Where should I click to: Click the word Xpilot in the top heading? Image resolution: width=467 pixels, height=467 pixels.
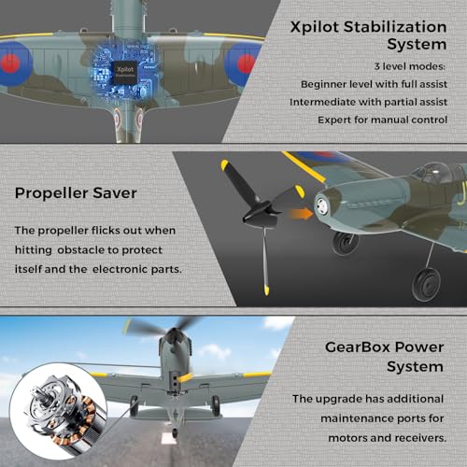click(315, 27)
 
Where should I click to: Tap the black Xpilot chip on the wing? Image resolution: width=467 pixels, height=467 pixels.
click(125, 72)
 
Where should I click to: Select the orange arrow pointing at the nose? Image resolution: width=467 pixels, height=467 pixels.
click(301, 214)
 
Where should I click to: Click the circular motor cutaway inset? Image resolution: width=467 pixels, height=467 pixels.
click(58, 411)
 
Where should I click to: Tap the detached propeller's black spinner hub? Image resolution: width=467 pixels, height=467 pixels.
click(260, 214)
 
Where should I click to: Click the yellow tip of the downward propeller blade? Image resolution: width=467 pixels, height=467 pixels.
click(266, 290)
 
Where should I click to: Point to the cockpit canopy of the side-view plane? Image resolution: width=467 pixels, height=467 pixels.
click(434, 173)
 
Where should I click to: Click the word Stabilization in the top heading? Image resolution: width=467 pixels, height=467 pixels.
click(395, 27)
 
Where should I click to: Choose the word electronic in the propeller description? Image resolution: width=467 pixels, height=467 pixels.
click(120, 269)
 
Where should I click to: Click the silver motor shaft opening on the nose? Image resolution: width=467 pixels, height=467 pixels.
click(321, 205)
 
